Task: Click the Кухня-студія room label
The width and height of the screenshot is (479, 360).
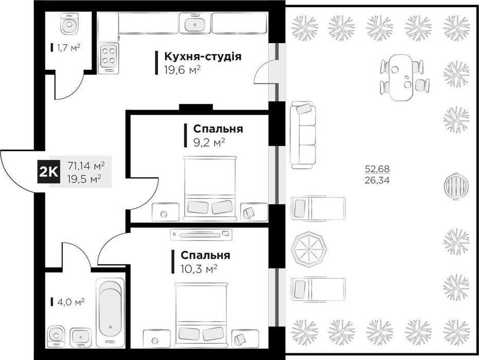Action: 203,57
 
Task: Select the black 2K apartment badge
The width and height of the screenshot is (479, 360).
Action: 48,172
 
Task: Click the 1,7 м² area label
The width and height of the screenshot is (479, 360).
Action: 69,48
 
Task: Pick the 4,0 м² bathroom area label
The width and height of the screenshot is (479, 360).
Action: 71,302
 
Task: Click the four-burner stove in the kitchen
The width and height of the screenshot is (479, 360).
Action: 109,56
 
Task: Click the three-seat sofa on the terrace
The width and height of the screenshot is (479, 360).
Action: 303,135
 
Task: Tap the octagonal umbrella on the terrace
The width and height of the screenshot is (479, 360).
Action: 309,249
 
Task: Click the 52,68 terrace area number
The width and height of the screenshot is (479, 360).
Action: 377,169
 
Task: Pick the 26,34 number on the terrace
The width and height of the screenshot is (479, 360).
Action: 377,181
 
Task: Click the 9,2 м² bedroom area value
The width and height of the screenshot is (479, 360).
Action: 209,142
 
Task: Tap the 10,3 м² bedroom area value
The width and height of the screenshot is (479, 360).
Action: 199,268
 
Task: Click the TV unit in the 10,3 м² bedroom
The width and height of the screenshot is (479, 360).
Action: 201,235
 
